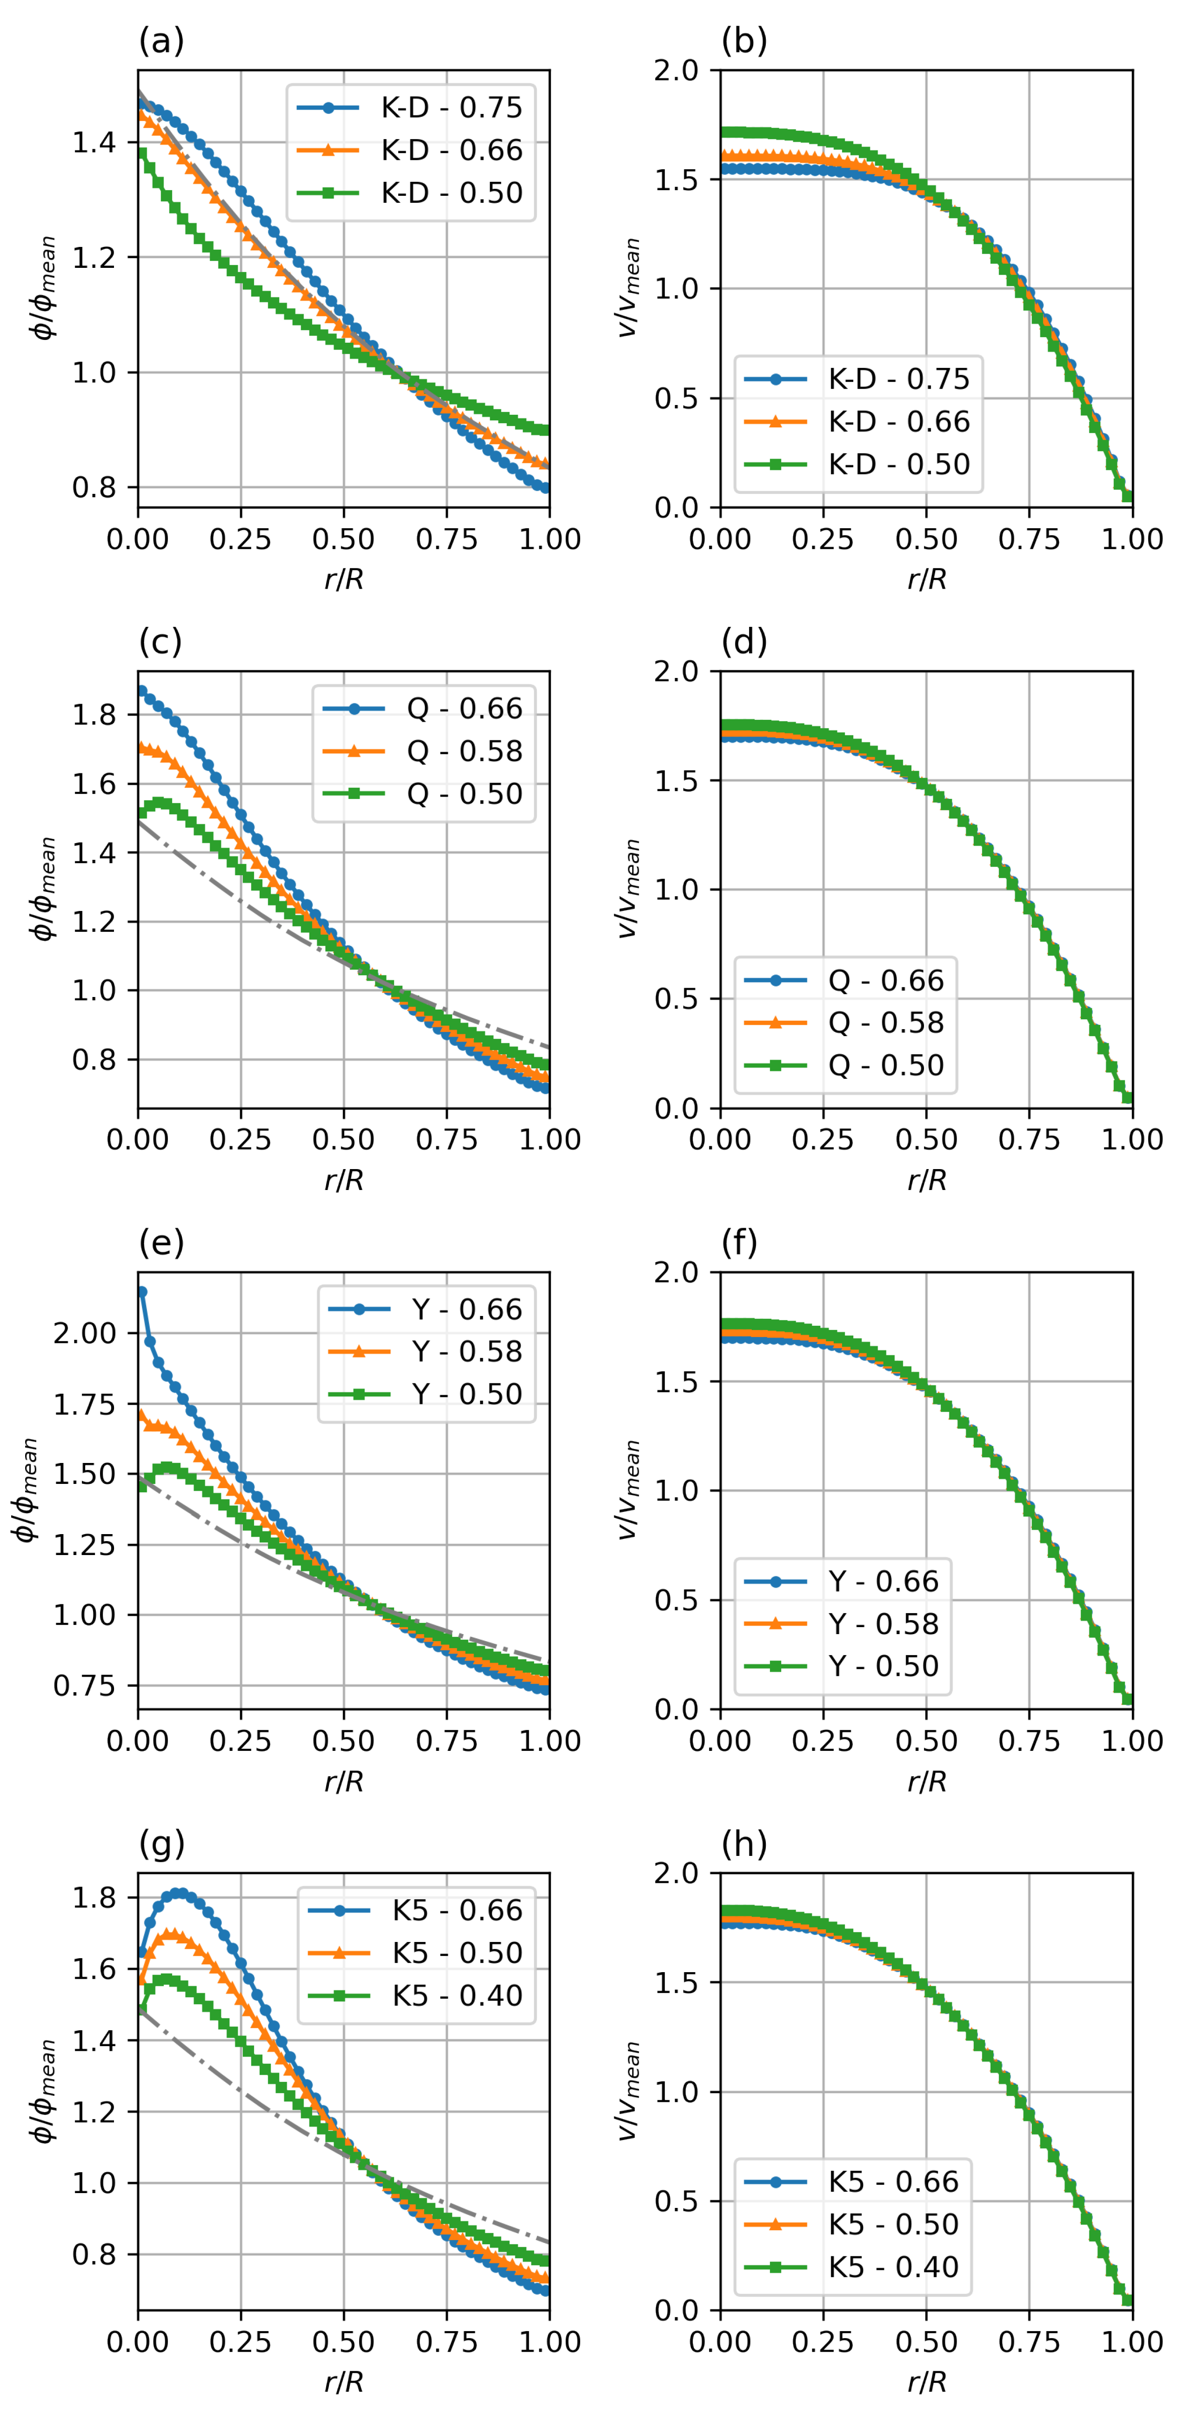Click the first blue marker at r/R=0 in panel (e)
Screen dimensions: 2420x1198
click(x=142, y=1292)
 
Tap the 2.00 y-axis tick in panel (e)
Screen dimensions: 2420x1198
click(x=85, y=1333)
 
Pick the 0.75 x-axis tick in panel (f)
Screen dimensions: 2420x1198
click(x=1029, y=1741)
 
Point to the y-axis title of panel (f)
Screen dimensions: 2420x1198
click(x=627, y=1490)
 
